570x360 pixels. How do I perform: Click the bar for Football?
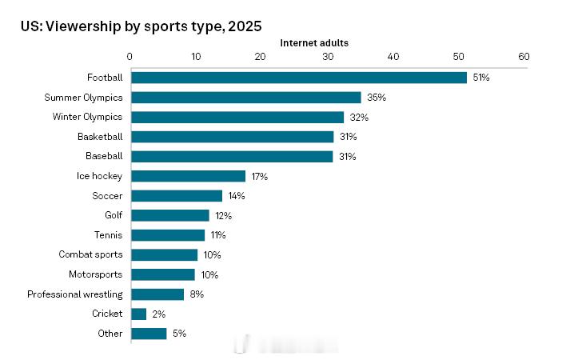(298, 78)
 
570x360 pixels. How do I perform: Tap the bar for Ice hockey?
(188, 176)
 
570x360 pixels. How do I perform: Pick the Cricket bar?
(138, 314)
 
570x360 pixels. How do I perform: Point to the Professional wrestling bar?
(157, 294)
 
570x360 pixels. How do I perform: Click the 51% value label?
(480, 78)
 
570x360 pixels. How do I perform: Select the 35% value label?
(376, 98)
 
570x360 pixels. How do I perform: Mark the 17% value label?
(260, 176)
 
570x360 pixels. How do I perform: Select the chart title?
(141, 26)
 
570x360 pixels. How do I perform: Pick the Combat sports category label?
(90, 254)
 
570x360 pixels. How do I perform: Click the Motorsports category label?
(97, 274)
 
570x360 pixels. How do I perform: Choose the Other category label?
(110, 334)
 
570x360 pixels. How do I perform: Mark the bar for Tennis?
(168, 235)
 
